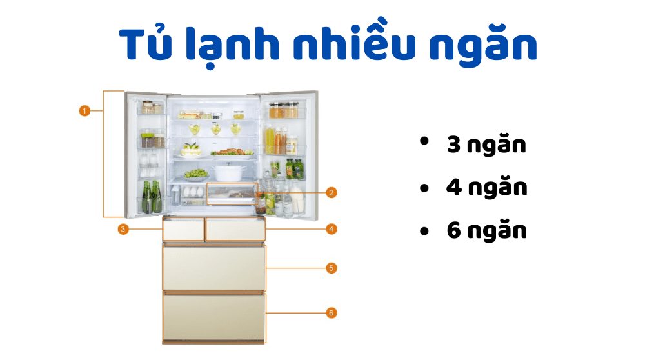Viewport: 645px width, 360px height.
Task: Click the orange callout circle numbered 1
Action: click(84, 111)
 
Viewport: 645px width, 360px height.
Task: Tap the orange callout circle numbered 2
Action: click(331, 192)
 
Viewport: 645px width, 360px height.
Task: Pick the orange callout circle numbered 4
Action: click(331, 228)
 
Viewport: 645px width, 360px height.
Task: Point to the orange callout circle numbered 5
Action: click(331, 268)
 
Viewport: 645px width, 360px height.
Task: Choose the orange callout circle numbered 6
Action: click(331, 313)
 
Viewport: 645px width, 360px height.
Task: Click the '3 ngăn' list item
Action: click(486, 146)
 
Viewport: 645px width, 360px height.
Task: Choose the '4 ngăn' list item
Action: click(486, 188)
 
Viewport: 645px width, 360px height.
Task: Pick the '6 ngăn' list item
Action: click(486, 231)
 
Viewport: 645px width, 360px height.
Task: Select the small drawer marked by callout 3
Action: click(183, 230)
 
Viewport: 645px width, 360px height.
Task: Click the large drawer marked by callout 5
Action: click(213, 267)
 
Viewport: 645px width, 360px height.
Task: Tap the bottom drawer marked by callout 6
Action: click(213, 315)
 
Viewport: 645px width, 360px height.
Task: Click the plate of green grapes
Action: click(195, 174)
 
